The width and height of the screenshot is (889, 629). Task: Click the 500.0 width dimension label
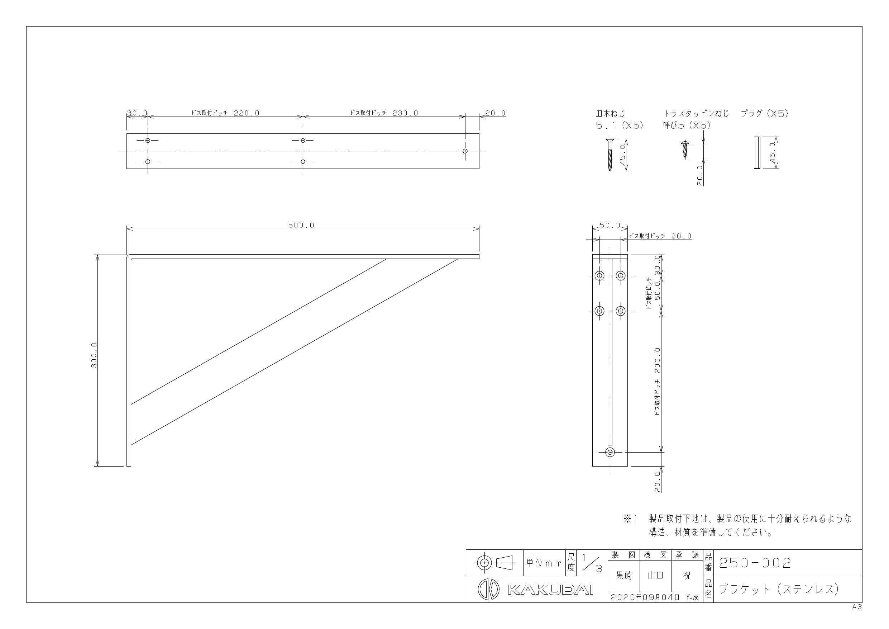(x=301, y=225)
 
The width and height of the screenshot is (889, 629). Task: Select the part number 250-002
(x=755, y=563)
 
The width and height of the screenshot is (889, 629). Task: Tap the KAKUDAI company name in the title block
(x=550, y=590)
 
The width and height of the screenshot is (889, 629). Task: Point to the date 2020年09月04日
(x=645, y=597)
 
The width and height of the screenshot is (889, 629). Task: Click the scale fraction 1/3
(x=592, y=563)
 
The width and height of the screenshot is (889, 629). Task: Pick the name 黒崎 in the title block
(x=624, y=576)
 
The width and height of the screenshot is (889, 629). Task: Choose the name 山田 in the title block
(x=655, y=576)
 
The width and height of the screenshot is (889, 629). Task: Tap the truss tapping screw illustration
(x=684, y=150)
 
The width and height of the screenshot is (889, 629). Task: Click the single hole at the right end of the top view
(x=465, y=151)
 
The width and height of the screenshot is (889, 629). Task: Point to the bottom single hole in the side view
(x=610, y=452)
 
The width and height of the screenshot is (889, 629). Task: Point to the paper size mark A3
(x=857, y=607)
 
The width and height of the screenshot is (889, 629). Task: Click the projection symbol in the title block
(x=494, y=563)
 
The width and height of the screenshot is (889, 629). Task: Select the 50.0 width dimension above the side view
(x=610, y=225)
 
